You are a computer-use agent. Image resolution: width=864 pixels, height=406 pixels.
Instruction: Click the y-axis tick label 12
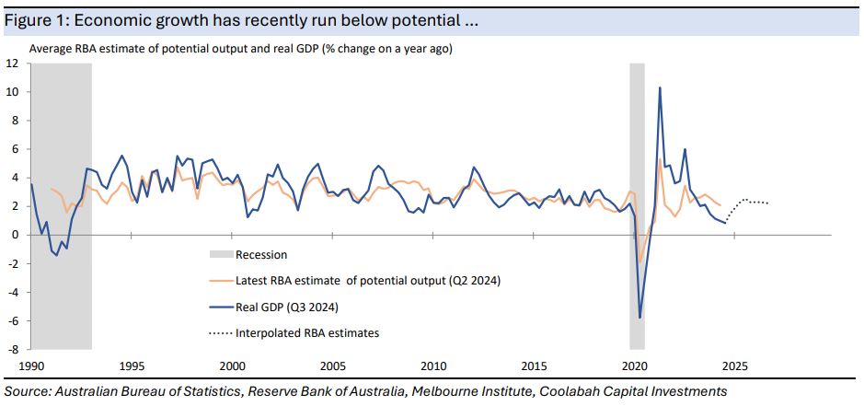[x=13, y=64]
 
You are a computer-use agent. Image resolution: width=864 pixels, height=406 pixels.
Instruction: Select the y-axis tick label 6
[x=16, y=149]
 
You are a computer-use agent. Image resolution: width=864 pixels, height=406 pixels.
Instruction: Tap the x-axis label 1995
[x=132, y=364]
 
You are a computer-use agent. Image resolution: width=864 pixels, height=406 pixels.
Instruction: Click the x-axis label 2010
[x=433, y=364]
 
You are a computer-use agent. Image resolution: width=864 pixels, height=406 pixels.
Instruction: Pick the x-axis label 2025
[x=735, y=364]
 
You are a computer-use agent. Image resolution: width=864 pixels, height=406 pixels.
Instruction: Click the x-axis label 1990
[x=31, y=364]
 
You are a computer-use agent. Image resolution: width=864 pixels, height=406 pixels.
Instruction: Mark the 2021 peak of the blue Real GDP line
[x=660, y=88]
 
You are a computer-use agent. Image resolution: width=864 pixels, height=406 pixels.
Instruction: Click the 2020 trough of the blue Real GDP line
[x=639, y=318]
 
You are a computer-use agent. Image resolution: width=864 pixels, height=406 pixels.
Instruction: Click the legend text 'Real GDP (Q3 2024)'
[x=286, y=307]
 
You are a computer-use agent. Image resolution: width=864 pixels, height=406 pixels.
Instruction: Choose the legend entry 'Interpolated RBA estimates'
[x=307, y=332]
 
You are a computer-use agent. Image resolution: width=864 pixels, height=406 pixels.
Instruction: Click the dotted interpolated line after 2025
[x=750, y=202]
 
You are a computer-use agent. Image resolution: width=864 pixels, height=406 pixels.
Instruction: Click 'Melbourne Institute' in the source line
[x=464, y=391]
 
